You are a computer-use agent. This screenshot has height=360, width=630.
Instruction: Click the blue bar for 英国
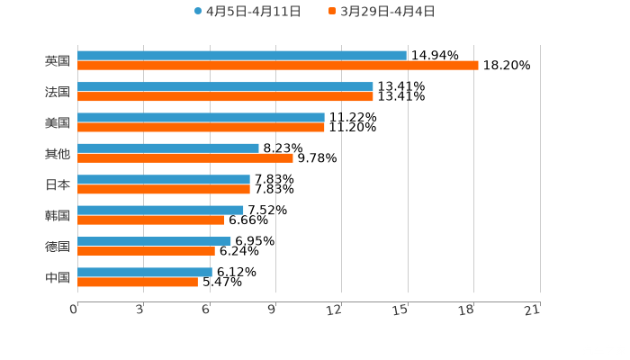click(x=241, y=56)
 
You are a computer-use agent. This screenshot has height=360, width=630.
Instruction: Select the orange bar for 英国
click(x=277, y=66)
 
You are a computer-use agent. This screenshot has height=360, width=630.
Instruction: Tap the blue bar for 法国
click(x=225, y=86)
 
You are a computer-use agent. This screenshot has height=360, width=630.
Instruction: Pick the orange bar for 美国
click(x=201, y=127)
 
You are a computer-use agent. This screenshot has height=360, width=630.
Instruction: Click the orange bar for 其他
click(x=185, y=157)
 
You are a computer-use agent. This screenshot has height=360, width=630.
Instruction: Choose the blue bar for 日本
click(x=164, y=179)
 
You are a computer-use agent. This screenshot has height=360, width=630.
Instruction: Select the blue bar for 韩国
click(x=160, y=210)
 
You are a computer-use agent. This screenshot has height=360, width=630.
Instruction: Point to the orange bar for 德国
click(x=146, y=251)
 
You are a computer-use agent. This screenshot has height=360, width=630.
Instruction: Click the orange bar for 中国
click(x=138, y=282)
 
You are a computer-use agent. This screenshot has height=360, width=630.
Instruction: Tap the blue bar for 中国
click(x=145, y=272)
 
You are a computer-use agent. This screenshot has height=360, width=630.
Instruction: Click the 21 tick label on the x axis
click(x=533, y=310)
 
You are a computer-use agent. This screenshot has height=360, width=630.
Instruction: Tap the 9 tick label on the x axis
click(x=272, y=310)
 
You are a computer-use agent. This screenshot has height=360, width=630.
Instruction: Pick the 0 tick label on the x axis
click(x=74, y=310)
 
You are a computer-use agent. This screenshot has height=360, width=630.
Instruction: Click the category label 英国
click(x=58, y=61)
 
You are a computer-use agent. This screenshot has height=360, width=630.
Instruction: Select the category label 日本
click(x=58, y=184)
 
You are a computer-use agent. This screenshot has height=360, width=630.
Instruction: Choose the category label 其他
click(x=58, y=153)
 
